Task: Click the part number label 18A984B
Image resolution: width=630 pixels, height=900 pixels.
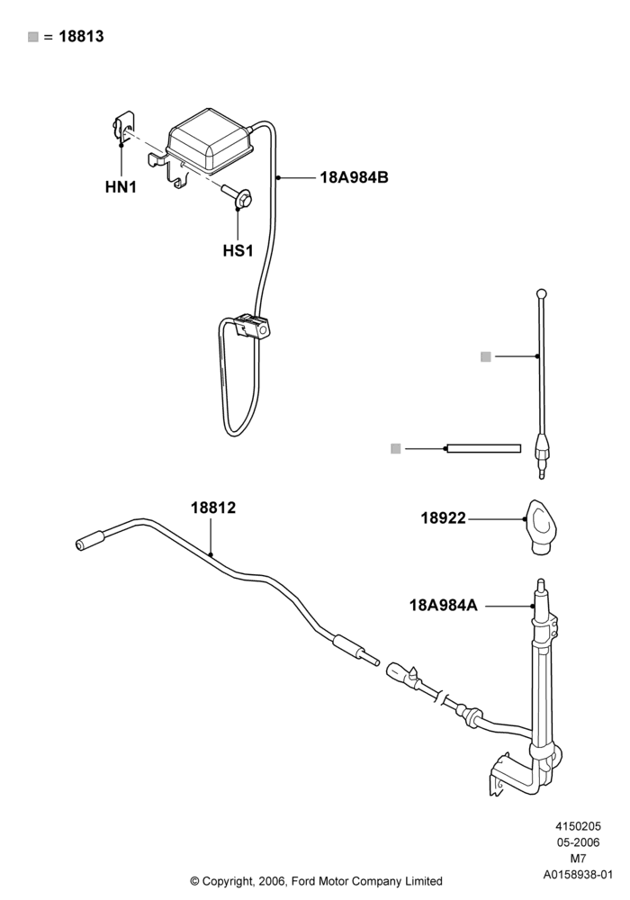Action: pos(354,177)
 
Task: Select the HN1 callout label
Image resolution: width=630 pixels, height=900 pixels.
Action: pos(121,187)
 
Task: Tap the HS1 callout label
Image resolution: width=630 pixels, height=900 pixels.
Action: pos(238,251)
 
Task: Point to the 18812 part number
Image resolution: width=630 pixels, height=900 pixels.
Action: pos(213,508)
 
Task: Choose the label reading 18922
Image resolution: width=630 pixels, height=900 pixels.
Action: pos(444,518)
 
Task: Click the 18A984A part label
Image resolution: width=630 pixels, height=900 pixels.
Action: pos(444,605)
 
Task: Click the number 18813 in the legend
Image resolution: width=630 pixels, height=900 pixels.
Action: pos(82,36)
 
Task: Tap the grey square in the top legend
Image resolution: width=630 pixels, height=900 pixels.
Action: pos(33,37)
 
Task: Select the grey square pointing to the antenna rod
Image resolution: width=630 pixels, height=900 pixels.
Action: pos(486,357)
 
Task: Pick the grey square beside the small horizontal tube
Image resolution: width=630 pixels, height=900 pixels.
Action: pos(395,449)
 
